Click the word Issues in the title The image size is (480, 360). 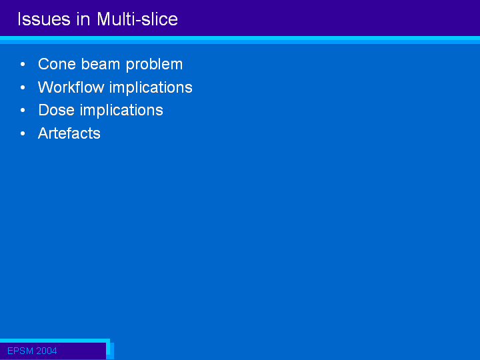pos(44,19)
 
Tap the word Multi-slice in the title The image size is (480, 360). pos(137,19)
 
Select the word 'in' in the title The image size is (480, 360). pos(83,19)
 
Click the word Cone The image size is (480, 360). pos(57,64)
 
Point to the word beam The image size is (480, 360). pos(101,64)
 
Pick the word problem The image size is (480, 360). pos(154,65)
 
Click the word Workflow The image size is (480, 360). pos(71,87)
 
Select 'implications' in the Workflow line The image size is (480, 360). pos(151,88)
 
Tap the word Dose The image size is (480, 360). pos(56,110)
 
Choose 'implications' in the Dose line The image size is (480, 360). pos(121,111)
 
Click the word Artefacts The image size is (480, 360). pos(69,133)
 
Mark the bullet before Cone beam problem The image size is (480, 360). pos(23,64)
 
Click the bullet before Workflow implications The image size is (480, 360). pos(23,87)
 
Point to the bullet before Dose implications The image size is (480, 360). pos(23,110)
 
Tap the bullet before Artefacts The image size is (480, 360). pos(23,133)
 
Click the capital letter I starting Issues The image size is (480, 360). pos(19,19)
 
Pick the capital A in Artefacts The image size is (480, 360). pos(43,133)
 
